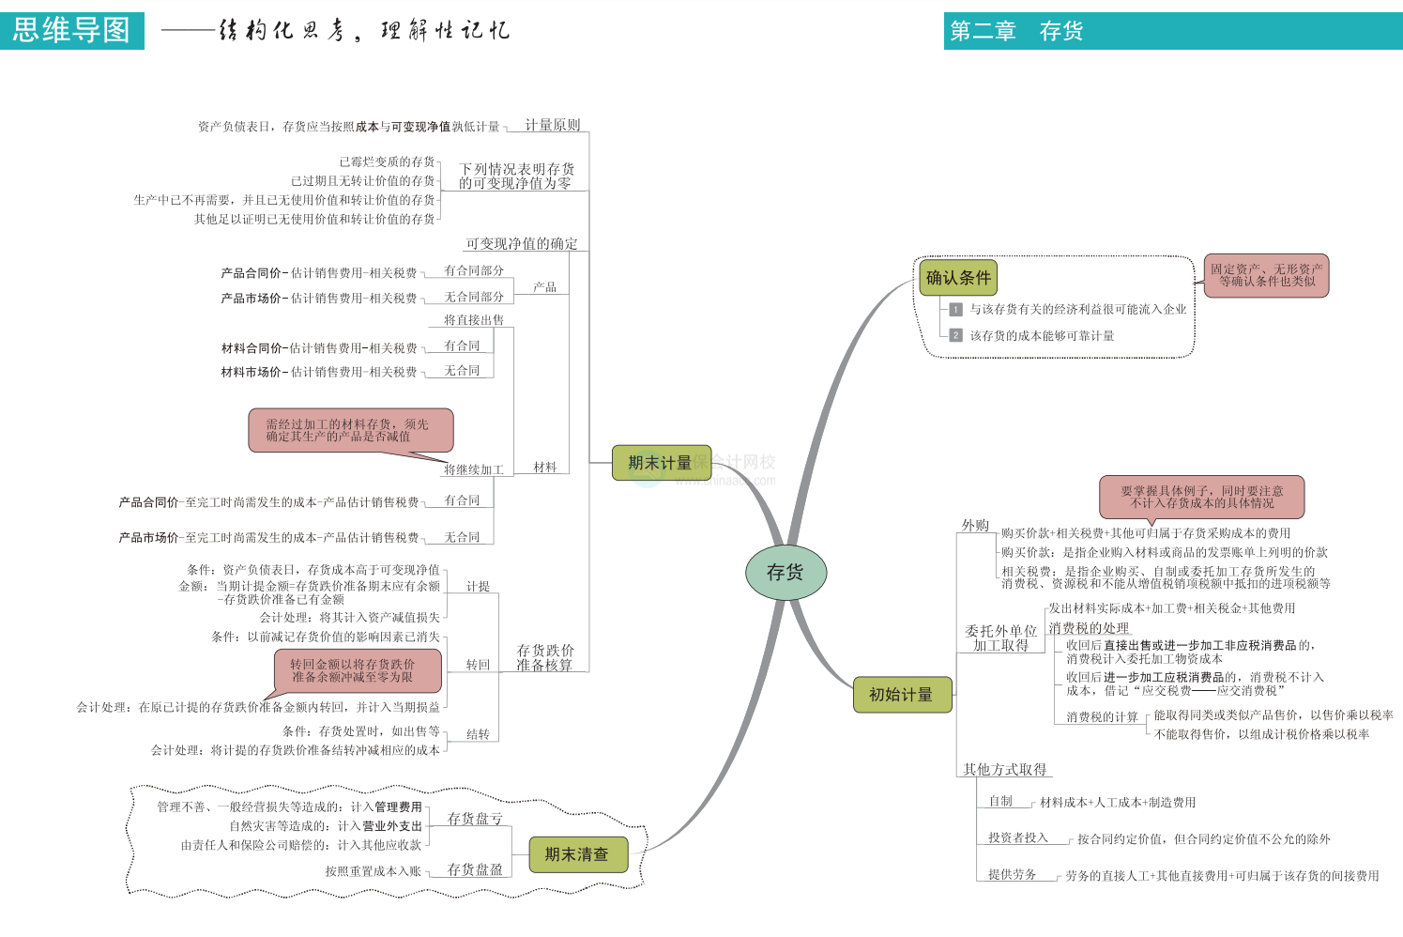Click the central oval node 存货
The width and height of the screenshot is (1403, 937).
click(x=785, y=572)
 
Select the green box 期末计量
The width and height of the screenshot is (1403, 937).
click(x=661, y=463)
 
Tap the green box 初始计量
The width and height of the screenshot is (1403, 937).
click(x=902, y=695)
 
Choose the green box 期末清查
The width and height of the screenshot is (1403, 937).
click(x=577, y=854)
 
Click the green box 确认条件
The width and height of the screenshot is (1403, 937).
click(x=958, y=278)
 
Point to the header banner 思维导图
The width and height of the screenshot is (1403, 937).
click(x=72, y=30)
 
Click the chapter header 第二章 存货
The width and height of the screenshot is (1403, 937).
click(x=1015, y=32)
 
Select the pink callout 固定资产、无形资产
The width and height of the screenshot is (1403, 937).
click(x=1266, y=275)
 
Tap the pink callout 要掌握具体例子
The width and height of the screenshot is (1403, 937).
click(x=1201, y=497)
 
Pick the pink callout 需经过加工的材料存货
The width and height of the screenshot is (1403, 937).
click(x=350, y=430)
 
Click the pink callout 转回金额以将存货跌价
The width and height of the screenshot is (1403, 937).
click(x=357, y=670)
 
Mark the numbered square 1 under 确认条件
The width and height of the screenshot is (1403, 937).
click(x=955, y=309)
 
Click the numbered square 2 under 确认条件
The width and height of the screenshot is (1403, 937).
click(x=955, y=335)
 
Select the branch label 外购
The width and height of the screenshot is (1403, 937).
click(x=975, y=525)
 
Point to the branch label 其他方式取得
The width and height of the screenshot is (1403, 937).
click(x=1004, y=769)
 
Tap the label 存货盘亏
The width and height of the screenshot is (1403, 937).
click(x=474, y=819)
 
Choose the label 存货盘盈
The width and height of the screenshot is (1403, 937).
click(x=474, y=869)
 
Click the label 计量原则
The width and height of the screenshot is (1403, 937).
click(x=552, y=125)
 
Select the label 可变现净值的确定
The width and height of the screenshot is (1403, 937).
click(x=522, y=243)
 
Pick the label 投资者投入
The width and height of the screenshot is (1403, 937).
click(x=1017, y=837)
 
